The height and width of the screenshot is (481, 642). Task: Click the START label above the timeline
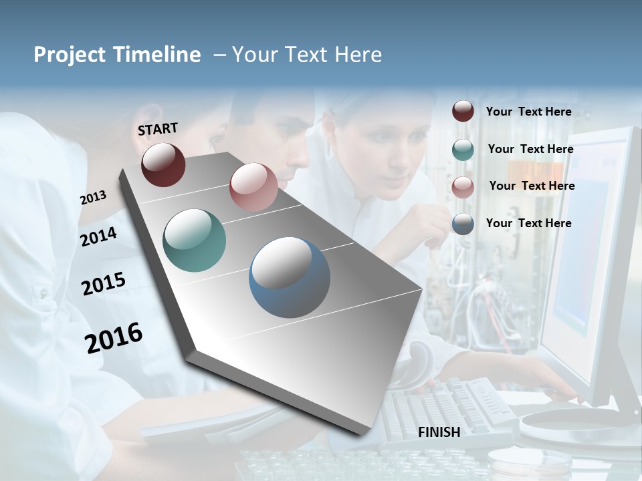[158, 129]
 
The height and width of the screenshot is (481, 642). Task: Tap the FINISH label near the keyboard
[439, 432]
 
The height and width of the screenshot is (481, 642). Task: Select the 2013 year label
[94, 198]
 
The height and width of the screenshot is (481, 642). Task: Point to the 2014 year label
[99, 236]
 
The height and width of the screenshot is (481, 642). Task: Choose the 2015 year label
[104, 284]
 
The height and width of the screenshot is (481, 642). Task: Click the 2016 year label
[114, 337]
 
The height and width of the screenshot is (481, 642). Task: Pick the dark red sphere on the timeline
[163, 164]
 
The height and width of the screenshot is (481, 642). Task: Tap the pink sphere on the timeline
[253, 187]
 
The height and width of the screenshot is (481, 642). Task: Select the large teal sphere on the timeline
[195, 240]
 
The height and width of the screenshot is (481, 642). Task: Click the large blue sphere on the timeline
[290, 277]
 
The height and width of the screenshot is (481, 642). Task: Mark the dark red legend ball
[463, 112]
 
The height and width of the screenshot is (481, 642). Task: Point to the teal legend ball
[463, 150]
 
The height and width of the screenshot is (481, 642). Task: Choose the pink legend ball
[463, 187]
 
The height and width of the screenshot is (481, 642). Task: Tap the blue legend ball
[463, 224]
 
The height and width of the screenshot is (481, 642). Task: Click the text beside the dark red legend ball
[528, 112]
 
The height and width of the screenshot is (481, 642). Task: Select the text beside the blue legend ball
[528, 223]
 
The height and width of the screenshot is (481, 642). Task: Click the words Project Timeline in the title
[117, 55]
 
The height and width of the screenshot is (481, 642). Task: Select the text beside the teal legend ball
[530, 149]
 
